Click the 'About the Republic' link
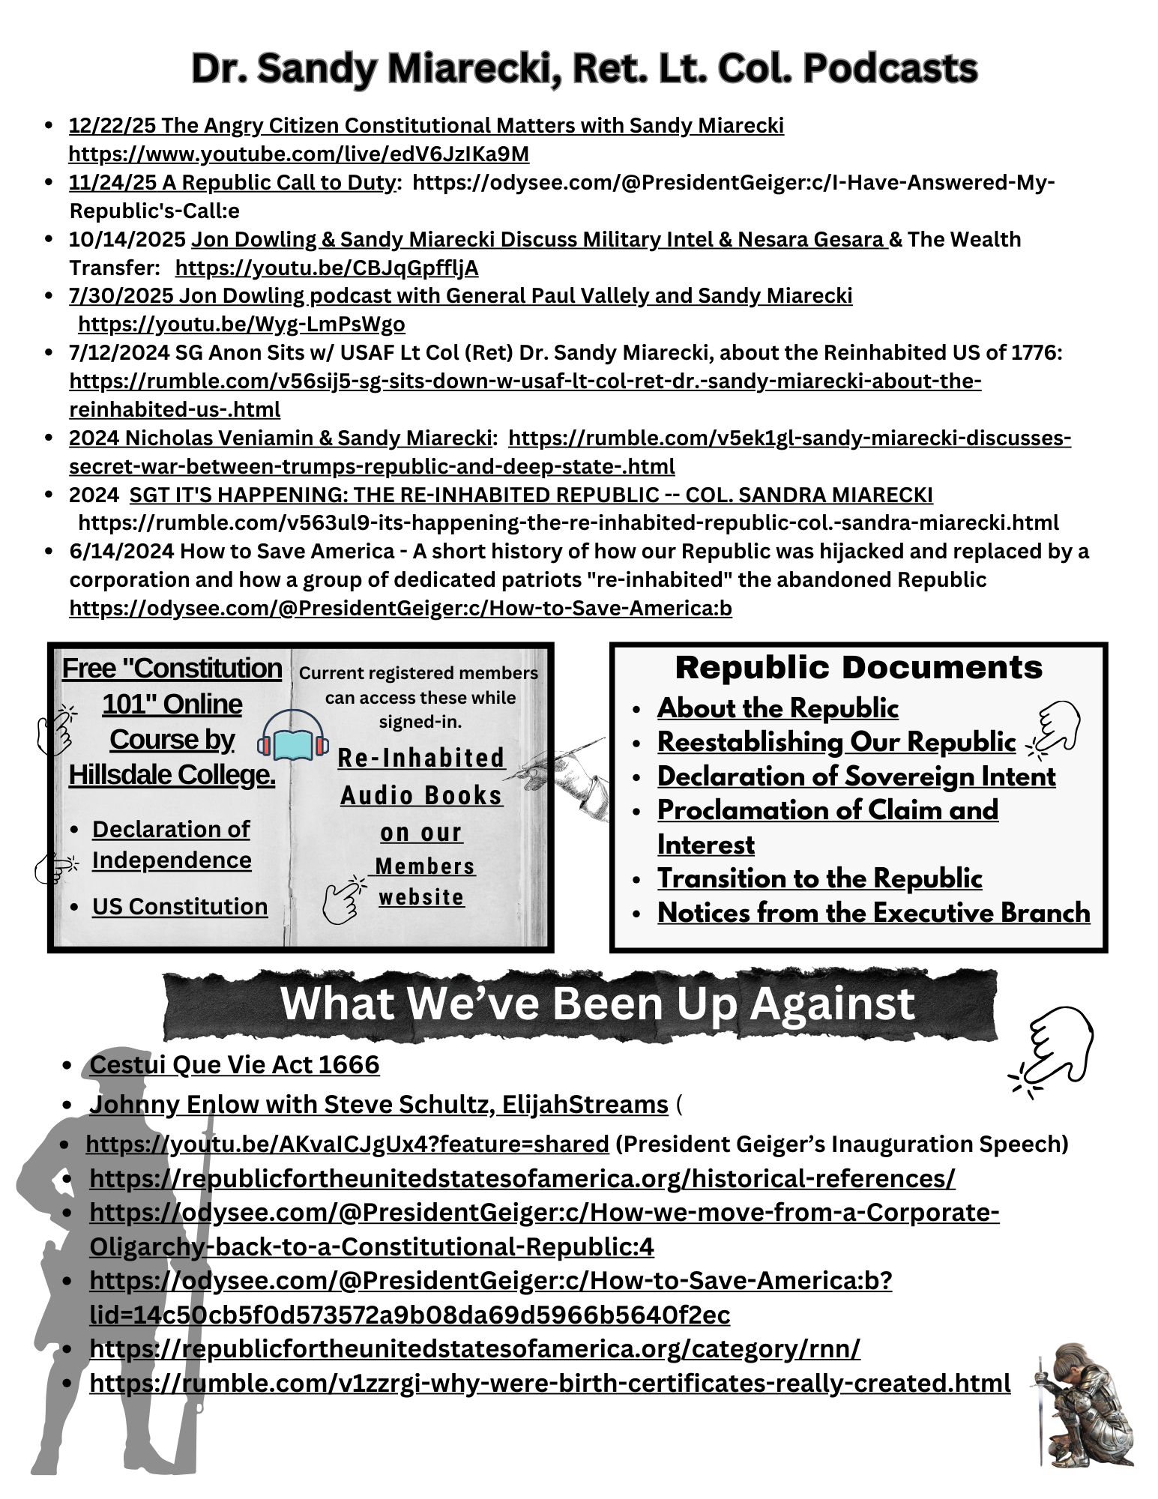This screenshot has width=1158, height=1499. (x=777, y=708)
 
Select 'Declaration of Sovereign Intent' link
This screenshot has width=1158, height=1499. (x=856, y=776)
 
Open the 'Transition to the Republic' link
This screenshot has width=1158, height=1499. (x=819, y=878)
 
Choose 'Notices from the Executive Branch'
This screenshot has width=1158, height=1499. (x=873, y=913)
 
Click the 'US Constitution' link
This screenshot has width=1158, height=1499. (x=180, y=906)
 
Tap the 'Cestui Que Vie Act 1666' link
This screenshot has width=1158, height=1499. (x=234, y=1065)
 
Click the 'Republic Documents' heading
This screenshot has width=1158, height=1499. (x=858, y=668)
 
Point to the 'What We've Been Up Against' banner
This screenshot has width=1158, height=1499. (x=597, y=1004)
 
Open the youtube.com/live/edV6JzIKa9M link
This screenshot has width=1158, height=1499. (x=298, y=154)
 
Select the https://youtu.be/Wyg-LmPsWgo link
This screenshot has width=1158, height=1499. (x=241, y=325)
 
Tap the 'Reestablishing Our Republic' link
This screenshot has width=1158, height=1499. (x=836, y=742)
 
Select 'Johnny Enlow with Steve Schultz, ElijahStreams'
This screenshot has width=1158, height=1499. (x=379, y=1105)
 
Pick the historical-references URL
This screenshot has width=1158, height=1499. (x=522, y=1179)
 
